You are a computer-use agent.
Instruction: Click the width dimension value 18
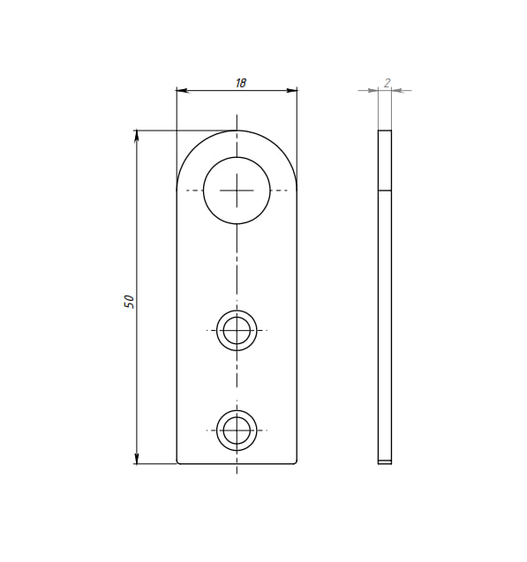coord(241,83)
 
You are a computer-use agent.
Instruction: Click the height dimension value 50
coord(129,302)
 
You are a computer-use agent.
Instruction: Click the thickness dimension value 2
coord(387,83)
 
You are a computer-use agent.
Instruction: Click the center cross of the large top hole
coord(237,191)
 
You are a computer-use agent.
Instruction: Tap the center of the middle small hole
coord(237,330)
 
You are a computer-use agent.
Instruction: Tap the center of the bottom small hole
coord(237,431)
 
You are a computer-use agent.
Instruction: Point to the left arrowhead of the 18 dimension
coord(183,90)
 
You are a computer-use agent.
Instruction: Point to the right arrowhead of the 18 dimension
coord(291,90)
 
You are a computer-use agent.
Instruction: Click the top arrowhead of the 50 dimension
coord(136,136)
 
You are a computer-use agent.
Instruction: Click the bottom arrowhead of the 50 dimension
coord(136,458)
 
